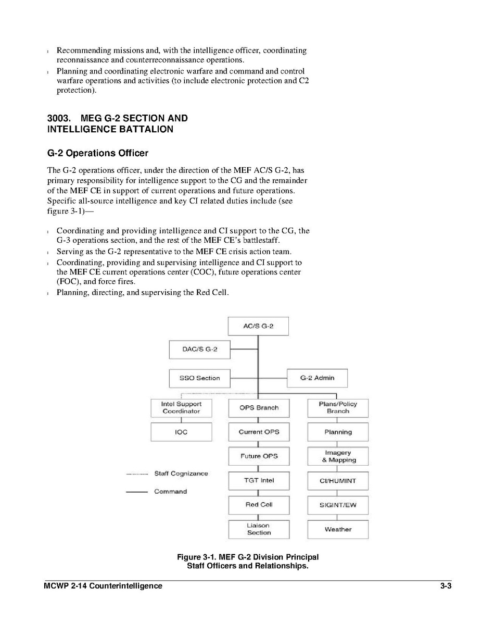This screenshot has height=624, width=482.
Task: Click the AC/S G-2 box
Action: coord(258,326)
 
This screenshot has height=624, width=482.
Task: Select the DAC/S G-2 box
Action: coord(199,350)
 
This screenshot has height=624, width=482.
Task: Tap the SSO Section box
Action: coord(199,378)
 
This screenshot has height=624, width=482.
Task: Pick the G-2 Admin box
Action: coord(317,378)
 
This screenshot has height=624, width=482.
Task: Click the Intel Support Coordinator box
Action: coord(181,407)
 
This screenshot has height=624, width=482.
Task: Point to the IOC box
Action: coord(181,432)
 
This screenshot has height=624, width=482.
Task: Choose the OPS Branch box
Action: coord(259,408)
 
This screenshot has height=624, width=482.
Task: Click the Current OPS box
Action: coord(259,432)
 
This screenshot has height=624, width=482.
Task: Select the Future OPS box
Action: coord(259,456)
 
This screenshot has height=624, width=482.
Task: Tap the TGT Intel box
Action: coord(259,480)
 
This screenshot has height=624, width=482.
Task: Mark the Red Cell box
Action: coord(259,505)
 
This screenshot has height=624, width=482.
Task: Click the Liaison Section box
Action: coord(259,529)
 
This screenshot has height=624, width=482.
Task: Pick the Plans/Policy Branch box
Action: coord(338,407)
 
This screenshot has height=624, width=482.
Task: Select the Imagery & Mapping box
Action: coord(338,456)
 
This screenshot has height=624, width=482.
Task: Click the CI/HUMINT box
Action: coord(338,481)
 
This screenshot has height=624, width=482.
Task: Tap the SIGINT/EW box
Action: coord(338,505)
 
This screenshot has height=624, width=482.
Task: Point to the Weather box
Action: coord(338,529)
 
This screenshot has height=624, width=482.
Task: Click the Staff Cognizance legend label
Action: coord(181,473)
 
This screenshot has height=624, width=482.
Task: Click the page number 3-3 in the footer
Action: coord(445,586)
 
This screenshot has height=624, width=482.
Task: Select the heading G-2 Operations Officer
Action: coord(97,153)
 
